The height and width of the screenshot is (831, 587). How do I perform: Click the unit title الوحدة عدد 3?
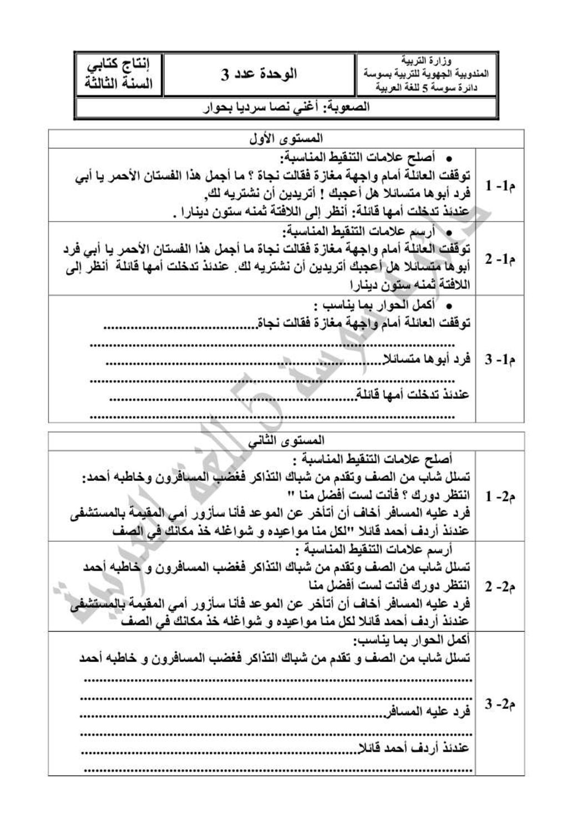259,74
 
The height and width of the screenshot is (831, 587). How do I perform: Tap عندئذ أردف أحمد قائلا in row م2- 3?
413,748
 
